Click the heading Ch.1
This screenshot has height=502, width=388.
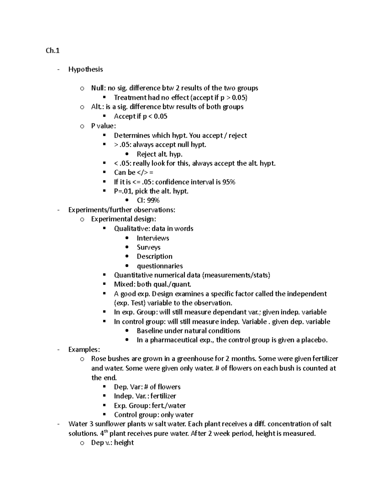coord(52,51)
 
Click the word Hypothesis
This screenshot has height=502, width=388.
coord(85,69)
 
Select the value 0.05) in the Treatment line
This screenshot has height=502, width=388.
coord(239,98)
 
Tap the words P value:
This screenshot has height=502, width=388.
coord(103,126)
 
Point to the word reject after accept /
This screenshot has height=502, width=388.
coord(238,135)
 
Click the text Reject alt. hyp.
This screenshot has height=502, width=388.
coord(159,154)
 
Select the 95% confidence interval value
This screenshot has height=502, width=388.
coord(229,182)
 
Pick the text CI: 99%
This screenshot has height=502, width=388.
coord(148,200)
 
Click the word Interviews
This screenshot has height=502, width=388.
coord(153,238)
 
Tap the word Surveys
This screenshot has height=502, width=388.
coord(148,247)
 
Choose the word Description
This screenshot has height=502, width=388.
coord(154,256)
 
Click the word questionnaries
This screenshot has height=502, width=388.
coord(160,266)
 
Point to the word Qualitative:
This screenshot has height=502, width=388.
coord(132,229)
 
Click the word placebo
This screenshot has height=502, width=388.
coord(315,340)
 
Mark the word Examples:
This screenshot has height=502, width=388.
coord(84,349)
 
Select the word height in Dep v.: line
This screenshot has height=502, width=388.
coord(124,443)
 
